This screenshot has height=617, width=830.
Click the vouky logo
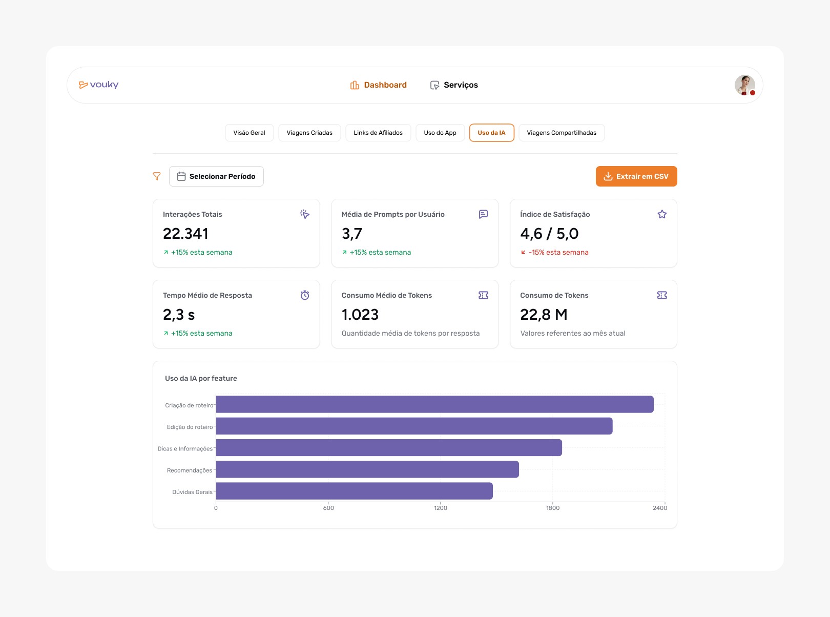point(99,85)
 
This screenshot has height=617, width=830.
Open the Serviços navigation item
point(454,85)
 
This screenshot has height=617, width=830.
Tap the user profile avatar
point(744,85)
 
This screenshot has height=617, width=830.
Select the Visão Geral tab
point(249,133)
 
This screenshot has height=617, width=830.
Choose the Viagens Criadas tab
point(309,133)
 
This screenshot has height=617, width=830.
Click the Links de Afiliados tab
point(378,133)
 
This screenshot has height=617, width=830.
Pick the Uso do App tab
point(440,133)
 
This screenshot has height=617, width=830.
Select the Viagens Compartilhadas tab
point(562,133)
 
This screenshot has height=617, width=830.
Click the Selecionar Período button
point(216,176)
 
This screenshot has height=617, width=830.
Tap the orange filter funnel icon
point(157,176)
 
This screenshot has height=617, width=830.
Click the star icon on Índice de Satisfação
point(662,214)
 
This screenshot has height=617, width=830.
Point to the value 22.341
point(185,234)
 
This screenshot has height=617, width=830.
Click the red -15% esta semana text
point(558,252)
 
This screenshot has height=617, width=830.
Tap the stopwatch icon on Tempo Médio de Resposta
point(305,295)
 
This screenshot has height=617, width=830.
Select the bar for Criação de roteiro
point(434,404)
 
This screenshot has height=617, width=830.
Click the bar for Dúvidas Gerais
point(354,491)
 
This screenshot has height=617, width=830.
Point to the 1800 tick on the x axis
point(553,508)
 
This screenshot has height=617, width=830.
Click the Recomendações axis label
point(189,470)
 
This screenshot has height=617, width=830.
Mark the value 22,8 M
point(544,315)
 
